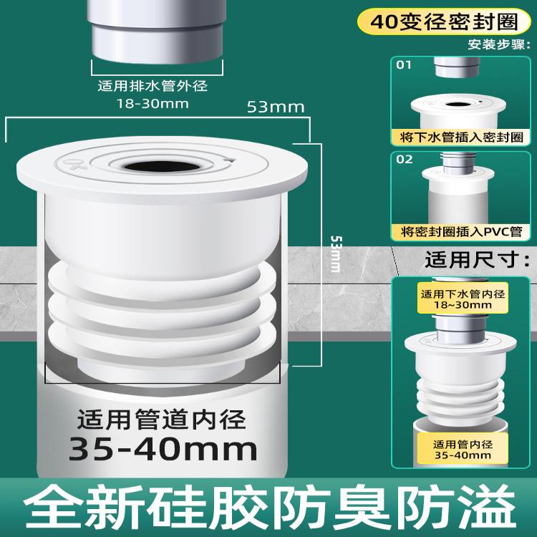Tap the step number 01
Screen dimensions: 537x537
tap(406, 66)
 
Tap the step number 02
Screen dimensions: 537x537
tap(406, 159)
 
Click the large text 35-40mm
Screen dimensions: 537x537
tap(163, 449)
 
